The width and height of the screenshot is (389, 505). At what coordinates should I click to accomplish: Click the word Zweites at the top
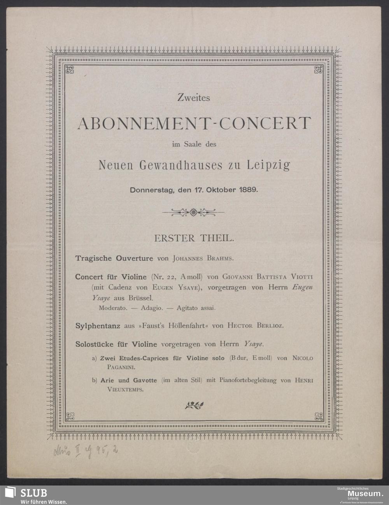[193, 98]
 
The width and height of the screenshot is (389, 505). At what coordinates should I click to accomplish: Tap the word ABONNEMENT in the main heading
[142, 123]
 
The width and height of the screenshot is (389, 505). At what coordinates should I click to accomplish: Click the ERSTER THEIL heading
[194, 238]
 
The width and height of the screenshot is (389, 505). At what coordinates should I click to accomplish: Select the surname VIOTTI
[299, 276]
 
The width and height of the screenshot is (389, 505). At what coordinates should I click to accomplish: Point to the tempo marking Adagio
[152, 308]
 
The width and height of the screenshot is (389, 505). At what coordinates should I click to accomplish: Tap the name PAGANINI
[116, 367]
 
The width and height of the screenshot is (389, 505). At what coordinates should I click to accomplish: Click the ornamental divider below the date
[193, 212]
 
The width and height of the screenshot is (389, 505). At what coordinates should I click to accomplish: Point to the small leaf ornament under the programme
[193, 405]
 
